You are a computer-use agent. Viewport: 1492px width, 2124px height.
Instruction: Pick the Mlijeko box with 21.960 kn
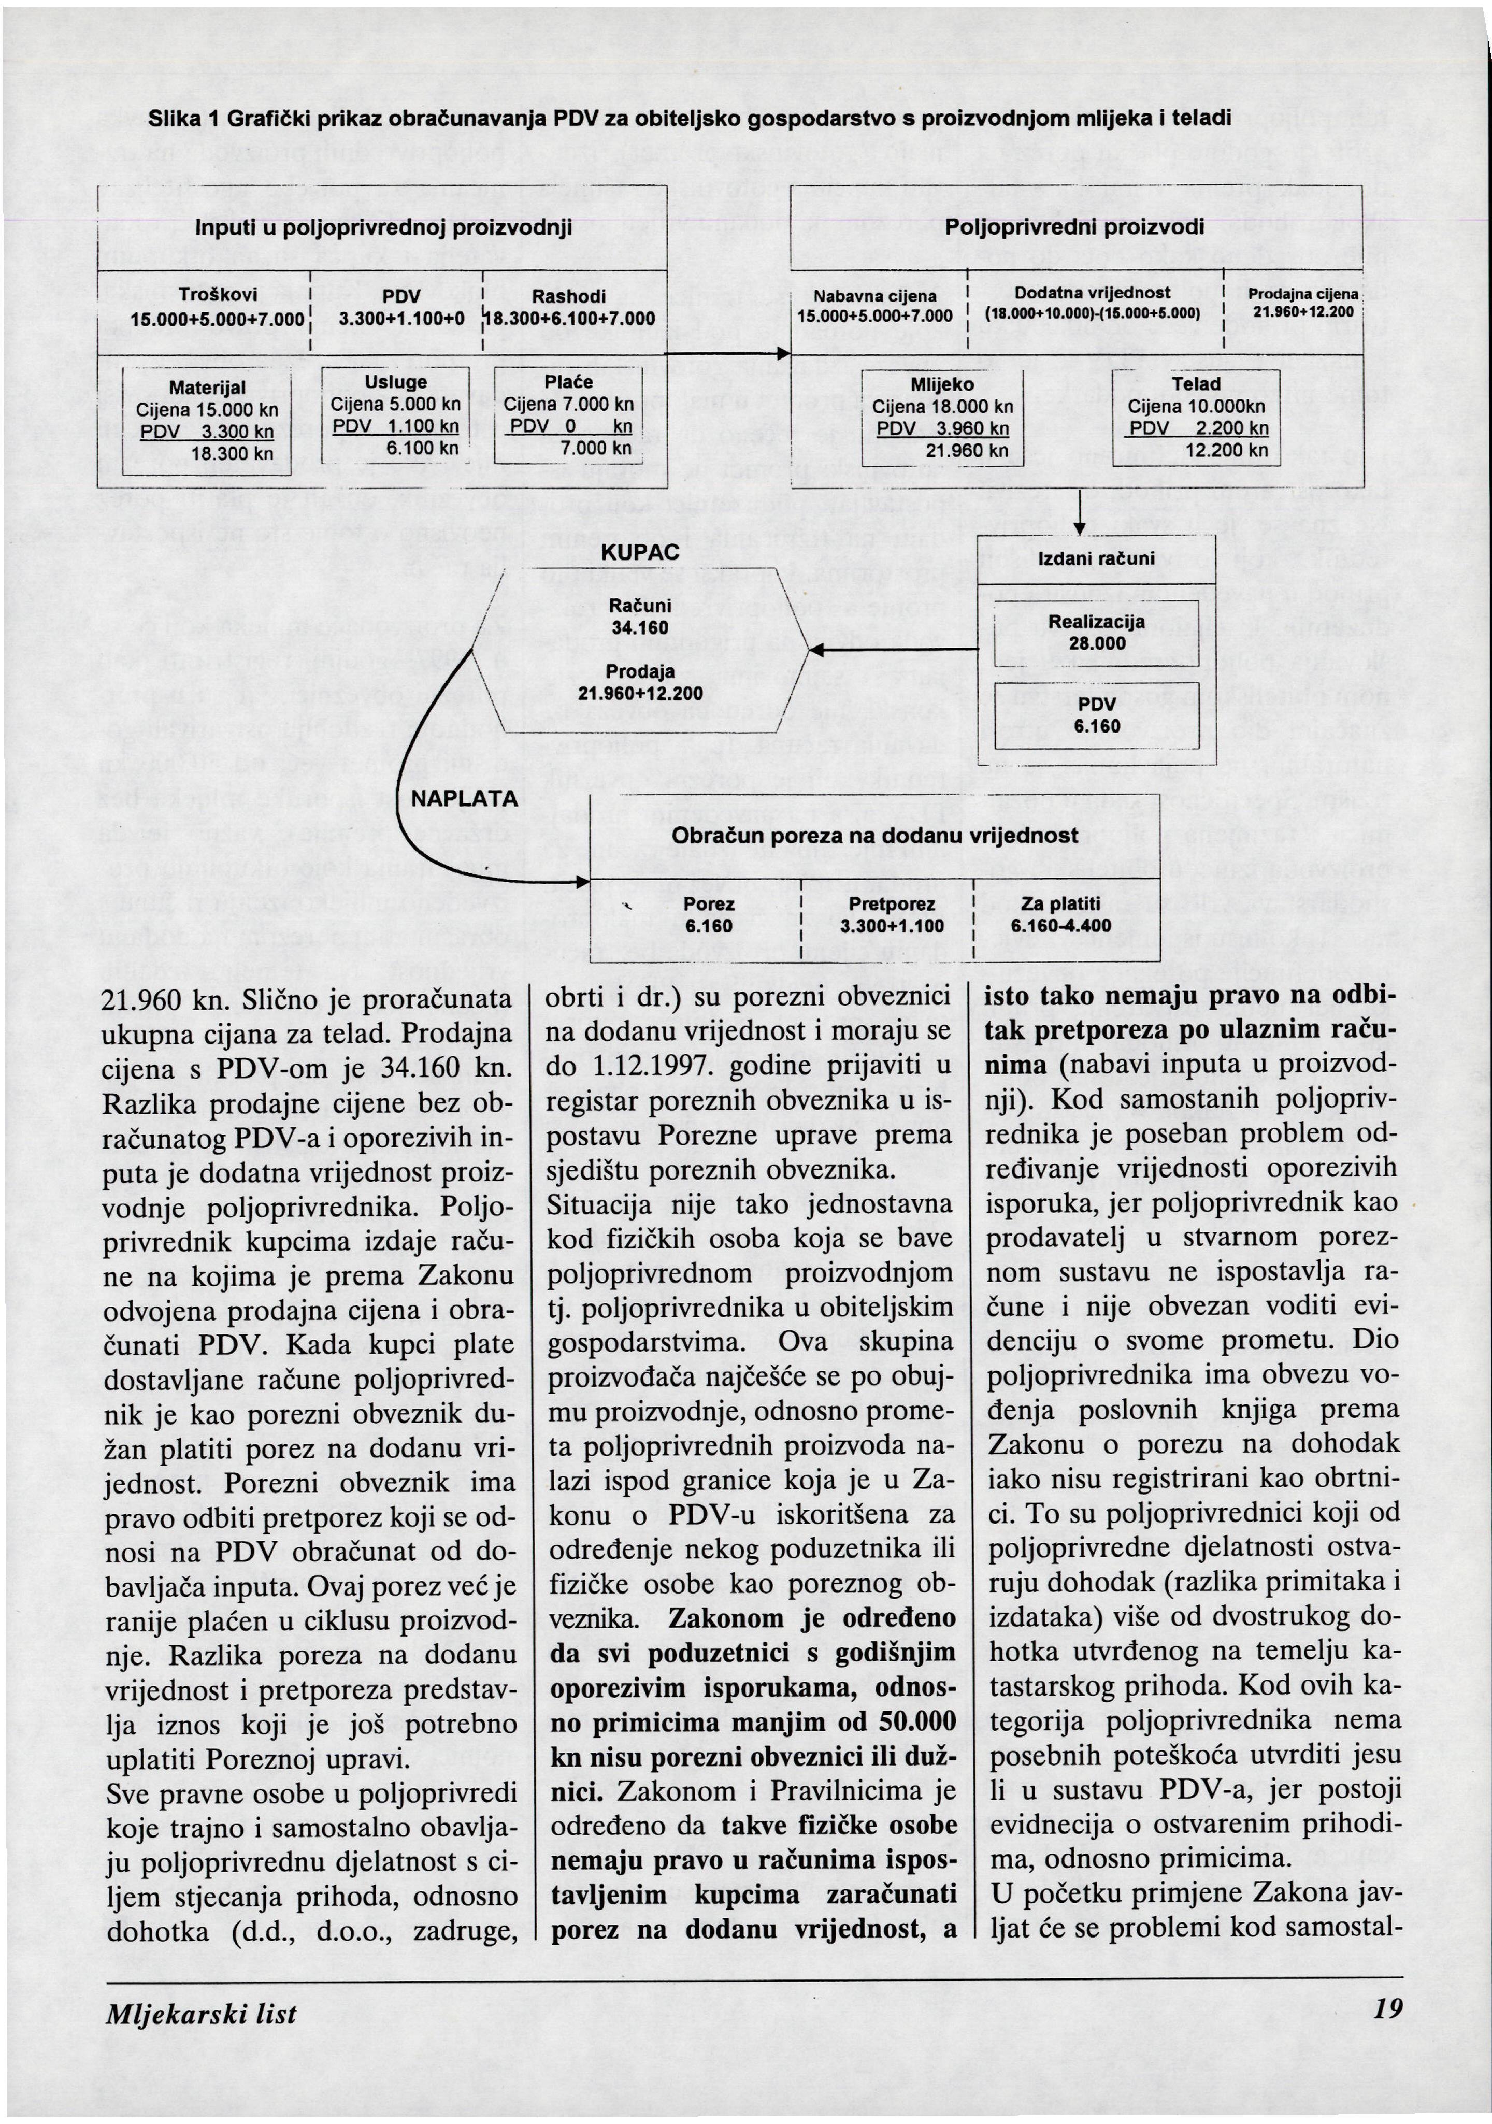(942, 417)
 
